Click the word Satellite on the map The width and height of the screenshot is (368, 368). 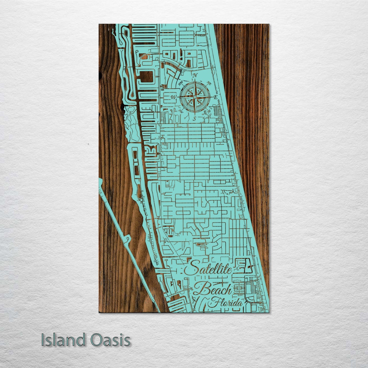(208, 269)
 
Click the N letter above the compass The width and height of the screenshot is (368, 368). (195, 75)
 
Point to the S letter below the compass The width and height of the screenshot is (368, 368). (194, 119)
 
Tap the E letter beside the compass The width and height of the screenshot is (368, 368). (215, 97)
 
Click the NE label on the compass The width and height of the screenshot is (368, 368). (209, 83)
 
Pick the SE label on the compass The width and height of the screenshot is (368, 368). (209, 111)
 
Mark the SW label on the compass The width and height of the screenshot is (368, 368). (181, 112)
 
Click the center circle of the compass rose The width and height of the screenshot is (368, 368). (195, 97)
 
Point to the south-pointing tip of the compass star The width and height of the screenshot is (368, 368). (195, 112)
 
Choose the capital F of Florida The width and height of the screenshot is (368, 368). (213, 303)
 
